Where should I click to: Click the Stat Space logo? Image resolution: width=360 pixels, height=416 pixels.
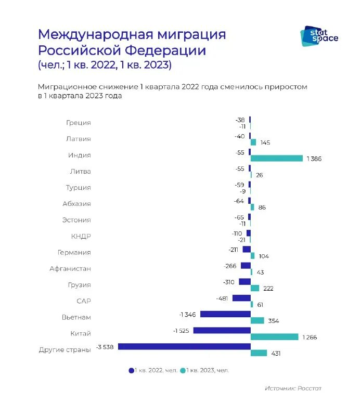pyautogui.click(x=319, y=35)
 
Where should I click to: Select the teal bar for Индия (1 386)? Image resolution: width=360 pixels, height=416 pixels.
pyautogui.click(x=276, y=159)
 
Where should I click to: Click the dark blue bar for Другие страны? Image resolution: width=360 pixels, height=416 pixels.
pyautogui.click(x=184, y=346)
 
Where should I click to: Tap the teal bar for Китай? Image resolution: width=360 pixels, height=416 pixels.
pyautogui.click(x=274, y=337)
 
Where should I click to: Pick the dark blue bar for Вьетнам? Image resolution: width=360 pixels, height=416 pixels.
pyautogui.click(x=225, y=314)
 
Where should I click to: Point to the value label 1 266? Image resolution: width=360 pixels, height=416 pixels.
pyautogui.click(x=308, y=337)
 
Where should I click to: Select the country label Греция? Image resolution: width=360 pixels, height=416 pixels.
pyautogui.click(x=79, y=123)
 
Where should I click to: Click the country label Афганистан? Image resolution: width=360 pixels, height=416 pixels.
pyautogui.click(x=70, y=269)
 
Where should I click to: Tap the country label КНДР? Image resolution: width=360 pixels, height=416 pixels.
pyautogui.click(x=81, y=236)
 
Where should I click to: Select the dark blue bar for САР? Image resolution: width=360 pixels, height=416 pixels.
pyautogui.click(x=241, y=298)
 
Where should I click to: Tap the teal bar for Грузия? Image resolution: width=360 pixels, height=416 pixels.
pyautogui.click(x=255, y=288)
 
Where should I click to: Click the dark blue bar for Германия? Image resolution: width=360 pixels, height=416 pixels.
pyautogui.click(x=247, y=249)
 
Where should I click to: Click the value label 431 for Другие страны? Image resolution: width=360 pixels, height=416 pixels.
pyautogui.click(x=276, y=354)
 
